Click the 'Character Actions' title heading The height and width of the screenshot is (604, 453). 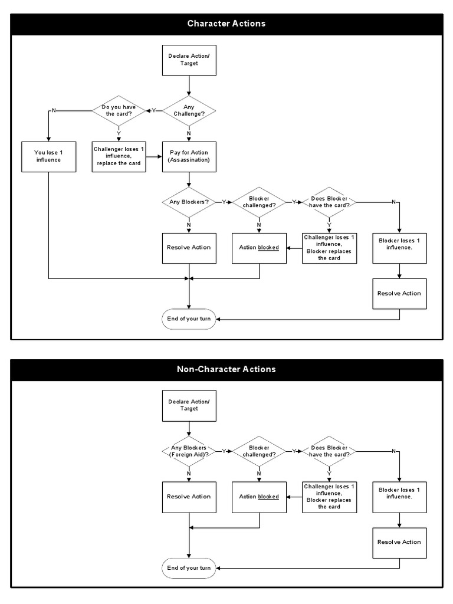click(x=226, y=24)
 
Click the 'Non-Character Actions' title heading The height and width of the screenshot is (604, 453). click(x=226, y=369)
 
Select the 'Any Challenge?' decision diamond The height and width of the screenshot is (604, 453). click(x=189, y=110)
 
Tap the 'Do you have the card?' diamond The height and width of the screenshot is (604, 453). click(x=119, y=110)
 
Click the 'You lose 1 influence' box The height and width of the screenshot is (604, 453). click(x=48, y=156)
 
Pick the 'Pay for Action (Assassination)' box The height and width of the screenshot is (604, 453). click(x=189, y=156)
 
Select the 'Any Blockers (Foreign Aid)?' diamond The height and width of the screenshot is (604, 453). click(x=189, y=451)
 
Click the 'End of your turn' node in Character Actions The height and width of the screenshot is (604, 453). click(x=189, y=319)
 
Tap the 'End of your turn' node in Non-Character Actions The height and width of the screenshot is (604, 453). click(x=189, y=567)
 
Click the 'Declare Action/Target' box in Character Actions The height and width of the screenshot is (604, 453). click(x=189, y=60)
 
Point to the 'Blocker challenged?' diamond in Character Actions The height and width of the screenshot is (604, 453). click(x=259, y=202)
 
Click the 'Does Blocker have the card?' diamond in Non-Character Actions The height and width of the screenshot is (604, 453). click(x=329, y=451)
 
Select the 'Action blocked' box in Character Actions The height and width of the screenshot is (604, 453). click(x=259, y=247)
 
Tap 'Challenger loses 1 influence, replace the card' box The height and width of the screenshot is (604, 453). click(x=119, y=156)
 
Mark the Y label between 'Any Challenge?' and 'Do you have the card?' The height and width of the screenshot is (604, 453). click(x=154, y=110)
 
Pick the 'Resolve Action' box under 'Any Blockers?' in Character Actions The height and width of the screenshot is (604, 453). click(x=189, y=247)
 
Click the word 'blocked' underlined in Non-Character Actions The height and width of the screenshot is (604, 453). click(x=268, y=497)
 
